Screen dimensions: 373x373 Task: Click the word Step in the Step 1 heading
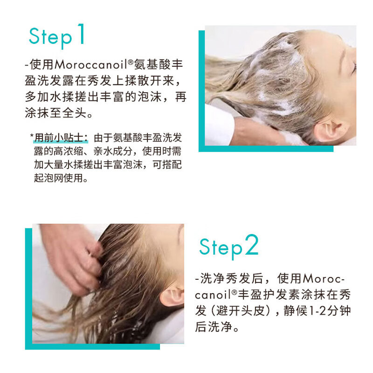click(50, 37)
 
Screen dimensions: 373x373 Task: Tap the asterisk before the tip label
click(32, 136)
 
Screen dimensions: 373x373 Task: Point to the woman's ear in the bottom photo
click(172, 296)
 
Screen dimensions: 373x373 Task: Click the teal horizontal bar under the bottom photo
click(93, 346)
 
